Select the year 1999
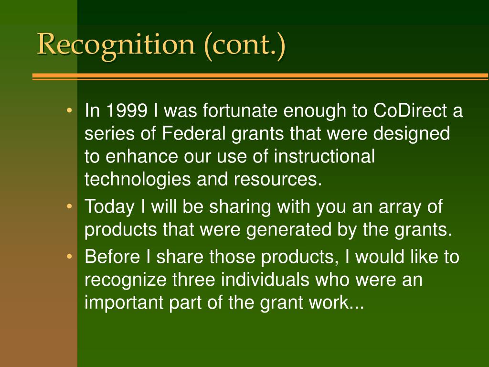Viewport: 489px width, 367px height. click(127, 110)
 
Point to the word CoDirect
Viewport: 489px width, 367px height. click(410, 110)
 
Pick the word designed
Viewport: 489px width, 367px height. click(411, 134)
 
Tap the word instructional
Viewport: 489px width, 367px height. click(324, 156)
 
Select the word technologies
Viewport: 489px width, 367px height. click(138, 180)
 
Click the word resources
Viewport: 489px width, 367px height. click(277, 180)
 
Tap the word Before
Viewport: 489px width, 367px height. click(112, 257)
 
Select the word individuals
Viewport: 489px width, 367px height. click(265, 279)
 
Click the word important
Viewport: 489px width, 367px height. click(124, 302)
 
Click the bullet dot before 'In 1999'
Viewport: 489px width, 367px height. click(70, 110)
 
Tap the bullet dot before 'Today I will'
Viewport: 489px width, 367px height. click(70, 206)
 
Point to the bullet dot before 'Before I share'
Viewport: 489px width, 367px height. click(70, 257)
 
